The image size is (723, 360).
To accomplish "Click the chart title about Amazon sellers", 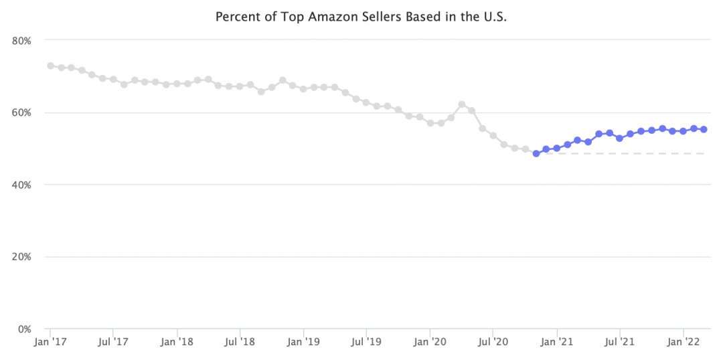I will (x=361, y=16).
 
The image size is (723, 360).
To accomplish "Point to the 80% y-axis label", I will (x=22, y=41).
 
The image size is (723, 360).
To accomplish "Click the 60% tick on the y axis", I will (x=22, y=112).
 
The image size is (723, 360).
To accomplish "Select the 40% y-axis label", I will (x=22, y=185).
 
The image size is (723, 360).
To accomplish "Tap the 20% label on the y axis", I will (x=22, y=257).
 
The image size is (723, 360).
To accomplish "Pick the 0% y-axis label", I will (x=25, y=329).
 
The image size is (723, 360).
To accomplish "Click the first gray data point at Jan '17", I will (x=50, y=66).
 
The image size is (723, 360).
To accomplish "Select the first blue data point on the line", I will (x=536, y=153).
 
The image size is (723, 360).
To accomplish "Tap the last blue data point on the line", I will (x=704, y=129).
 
